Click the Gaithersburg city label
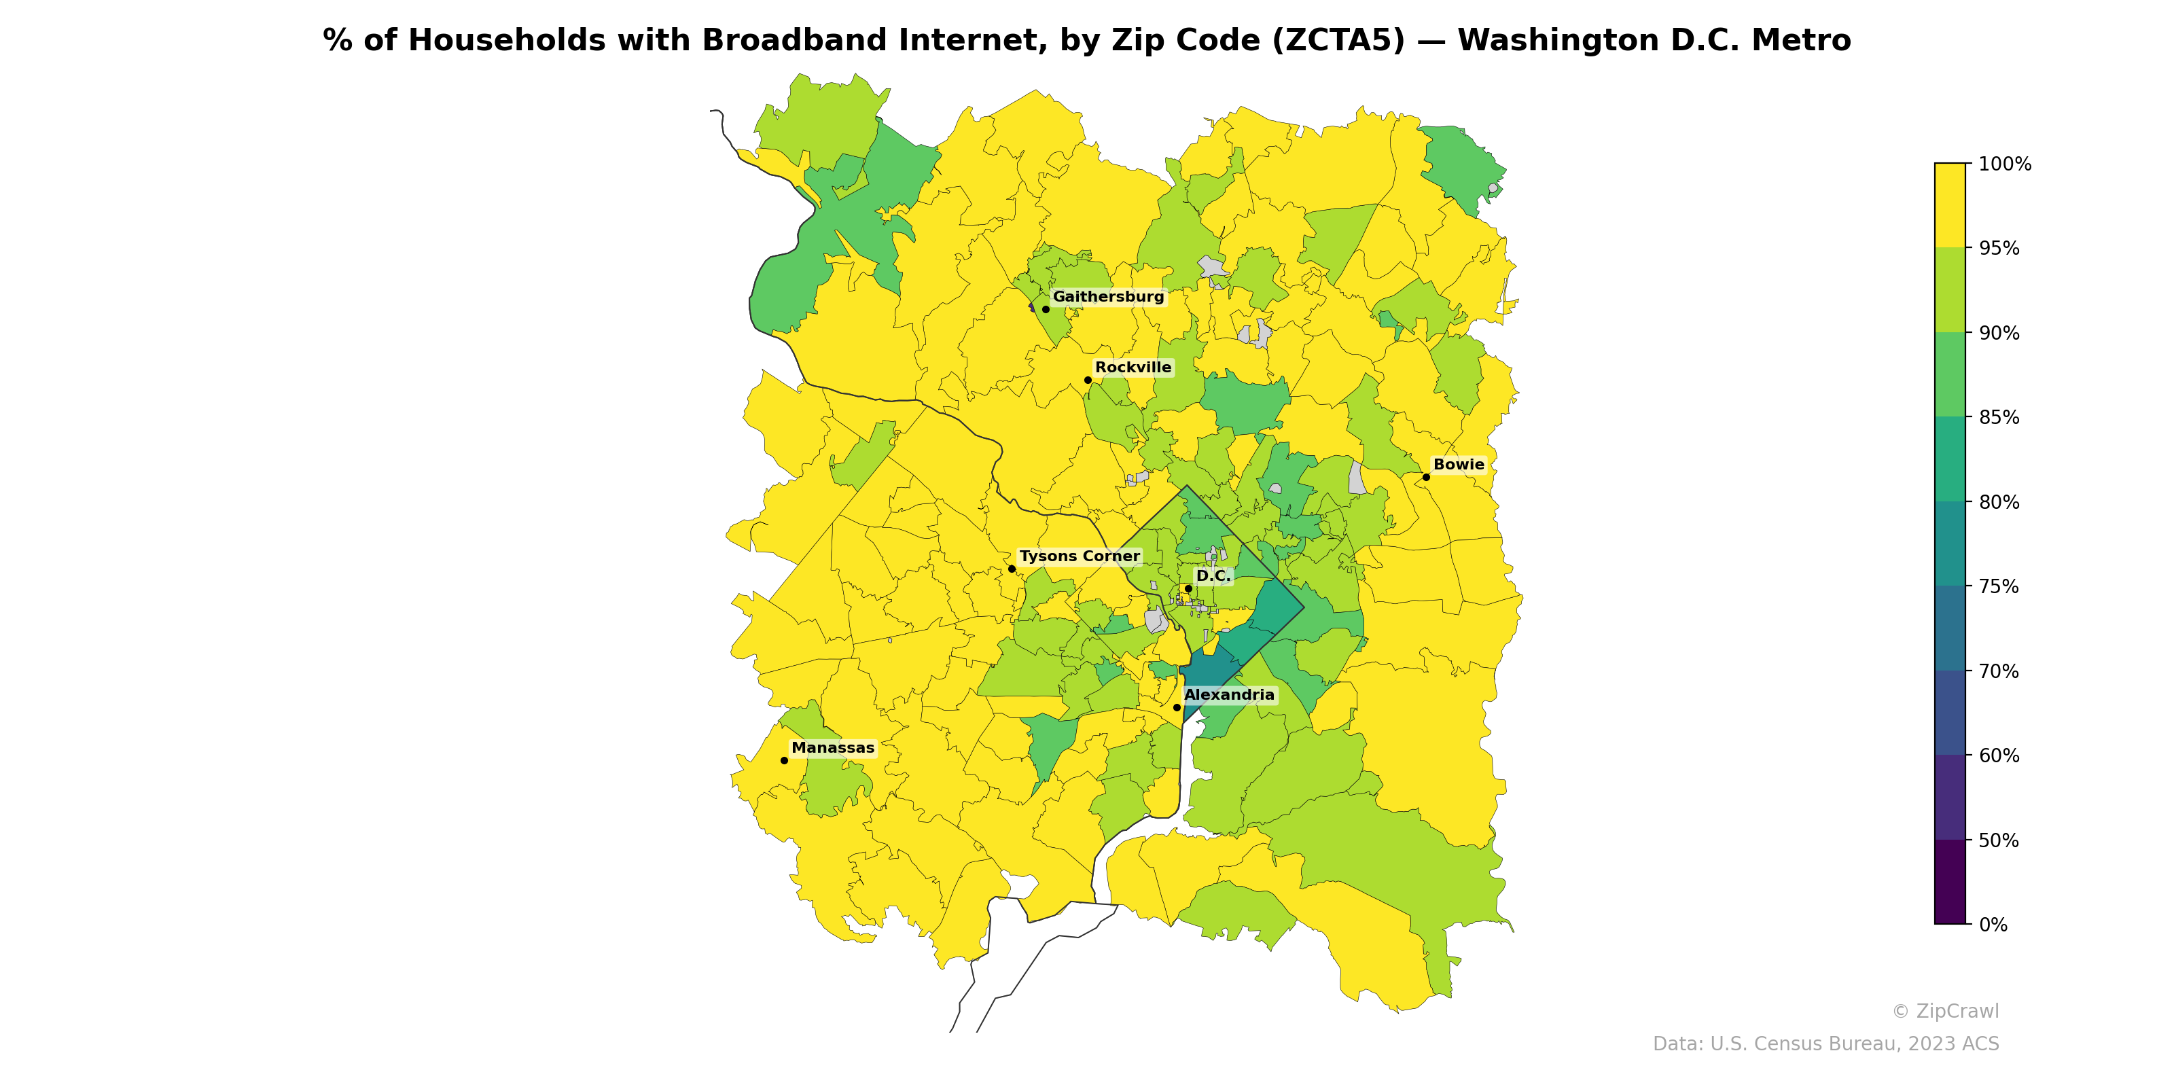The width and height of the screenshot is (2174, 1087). [x=1107, y=297]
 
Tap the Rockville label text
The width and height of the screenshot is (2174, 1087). [x=1133, y=368]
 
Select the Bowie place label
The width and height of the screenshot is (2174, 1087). [x=1459, y=465]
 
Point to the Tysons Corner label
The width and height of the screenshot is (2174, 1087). [x=1080, y=557]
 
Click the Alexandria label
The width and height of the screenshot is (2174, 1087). [x=1229, y=696]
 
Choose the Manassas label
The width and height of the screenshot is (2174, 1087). [x=833, y=749]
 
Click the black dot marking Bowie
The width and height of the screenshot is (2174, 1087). [x=1426, y=477]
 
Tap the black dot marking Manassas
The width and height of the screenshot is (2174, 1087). [x=784, y=760]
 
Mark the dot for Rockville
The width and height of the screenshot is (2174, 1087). [x=1088, y=380]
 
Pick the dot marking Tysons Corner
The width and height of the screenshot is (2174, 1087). [x=1012, y=569]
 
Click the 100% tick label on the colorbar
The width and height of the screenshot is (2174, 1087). [x=2004, y=164]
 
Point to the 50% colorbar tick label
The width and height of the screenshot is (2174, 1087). [x=1999, y=840]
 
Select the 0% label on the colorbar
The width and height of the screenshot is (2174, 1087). [x=1993, y=925]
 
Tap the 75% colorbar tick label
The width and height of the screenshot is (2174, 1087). [x=1999, y=586]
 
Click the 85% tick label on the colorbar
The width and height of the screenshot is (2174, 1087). [x=1999, y=418]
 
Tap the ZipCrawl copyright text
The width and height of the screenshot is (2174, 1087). [x=1944, y=1012]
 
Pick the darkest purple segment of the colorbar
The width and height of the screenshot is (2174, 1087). [x=1950, y=882]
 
